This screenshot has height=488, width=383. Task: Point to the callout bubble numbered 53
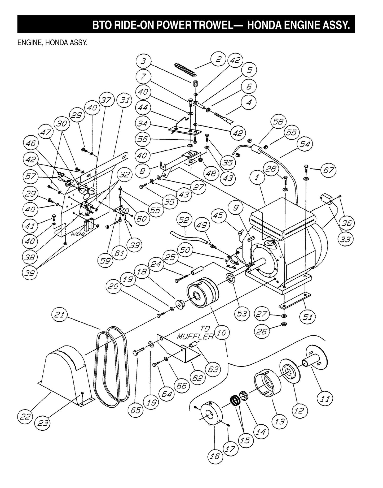click(242, 314)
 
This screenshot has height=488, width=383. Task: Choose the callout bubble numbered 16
click(215, 456)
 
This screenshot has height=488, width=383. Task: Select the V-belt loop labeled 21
click(111, 366)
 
